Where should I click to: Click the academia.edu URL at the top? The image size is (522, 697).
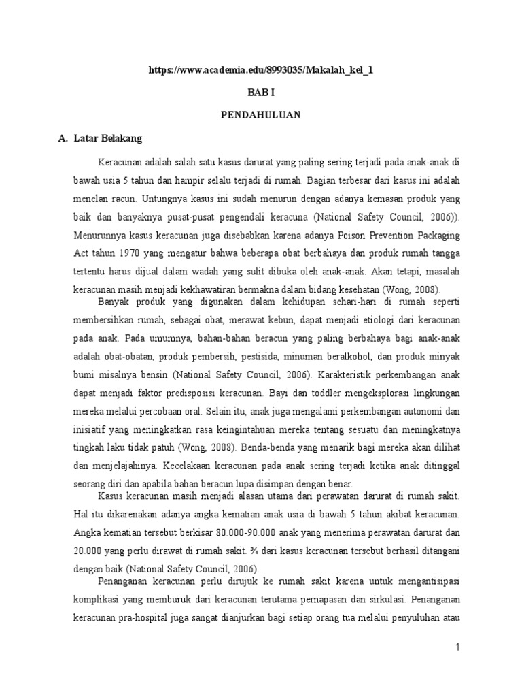tap(261, 70)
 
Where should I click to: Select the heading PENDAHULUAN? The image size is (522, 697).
tap(260, 115)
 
